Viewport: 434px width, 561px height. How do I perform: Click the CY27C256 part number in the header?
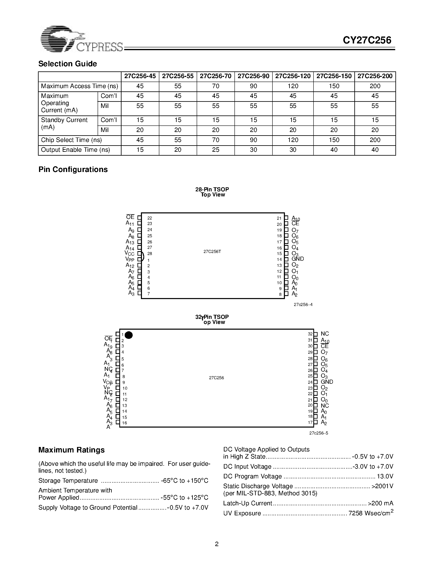(367, 40)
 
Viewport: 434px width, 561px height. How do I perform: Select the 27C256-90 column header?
(253, 76)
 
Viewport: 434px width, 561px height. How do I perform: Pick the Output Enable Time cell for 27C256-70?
(215, 150)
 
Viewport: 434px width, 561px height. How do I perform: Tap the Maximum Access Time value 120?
(293, 86)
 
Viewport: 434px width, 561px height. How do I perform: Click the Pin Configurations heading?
(73, 170)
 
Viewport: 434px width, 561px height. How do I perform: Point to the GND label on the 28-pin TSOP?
(298, 259)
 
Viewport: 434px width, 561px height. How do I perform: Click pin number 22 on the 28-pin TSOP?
(150, 218)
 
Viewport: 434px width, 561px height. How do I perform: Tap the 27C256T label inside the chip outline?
(212, 252)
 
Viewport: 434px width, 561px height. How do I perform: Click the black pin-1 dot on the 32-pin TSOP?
(128, 335)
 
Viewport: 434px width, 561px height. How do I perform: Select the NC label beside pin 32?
(325, 334)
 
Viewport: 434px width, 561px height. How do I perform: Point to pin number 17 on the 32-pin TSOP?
(310, 422)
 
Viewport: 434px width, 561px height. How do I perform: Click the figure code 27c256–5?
(319, 433)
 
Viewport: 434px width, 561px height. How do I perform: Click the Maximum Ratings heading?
(71, 450)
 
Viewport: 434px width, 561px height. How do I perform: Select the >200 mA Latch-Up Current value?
(380, 503)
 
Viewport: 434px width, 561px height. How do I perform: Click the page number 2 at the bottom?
(217, 544)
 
